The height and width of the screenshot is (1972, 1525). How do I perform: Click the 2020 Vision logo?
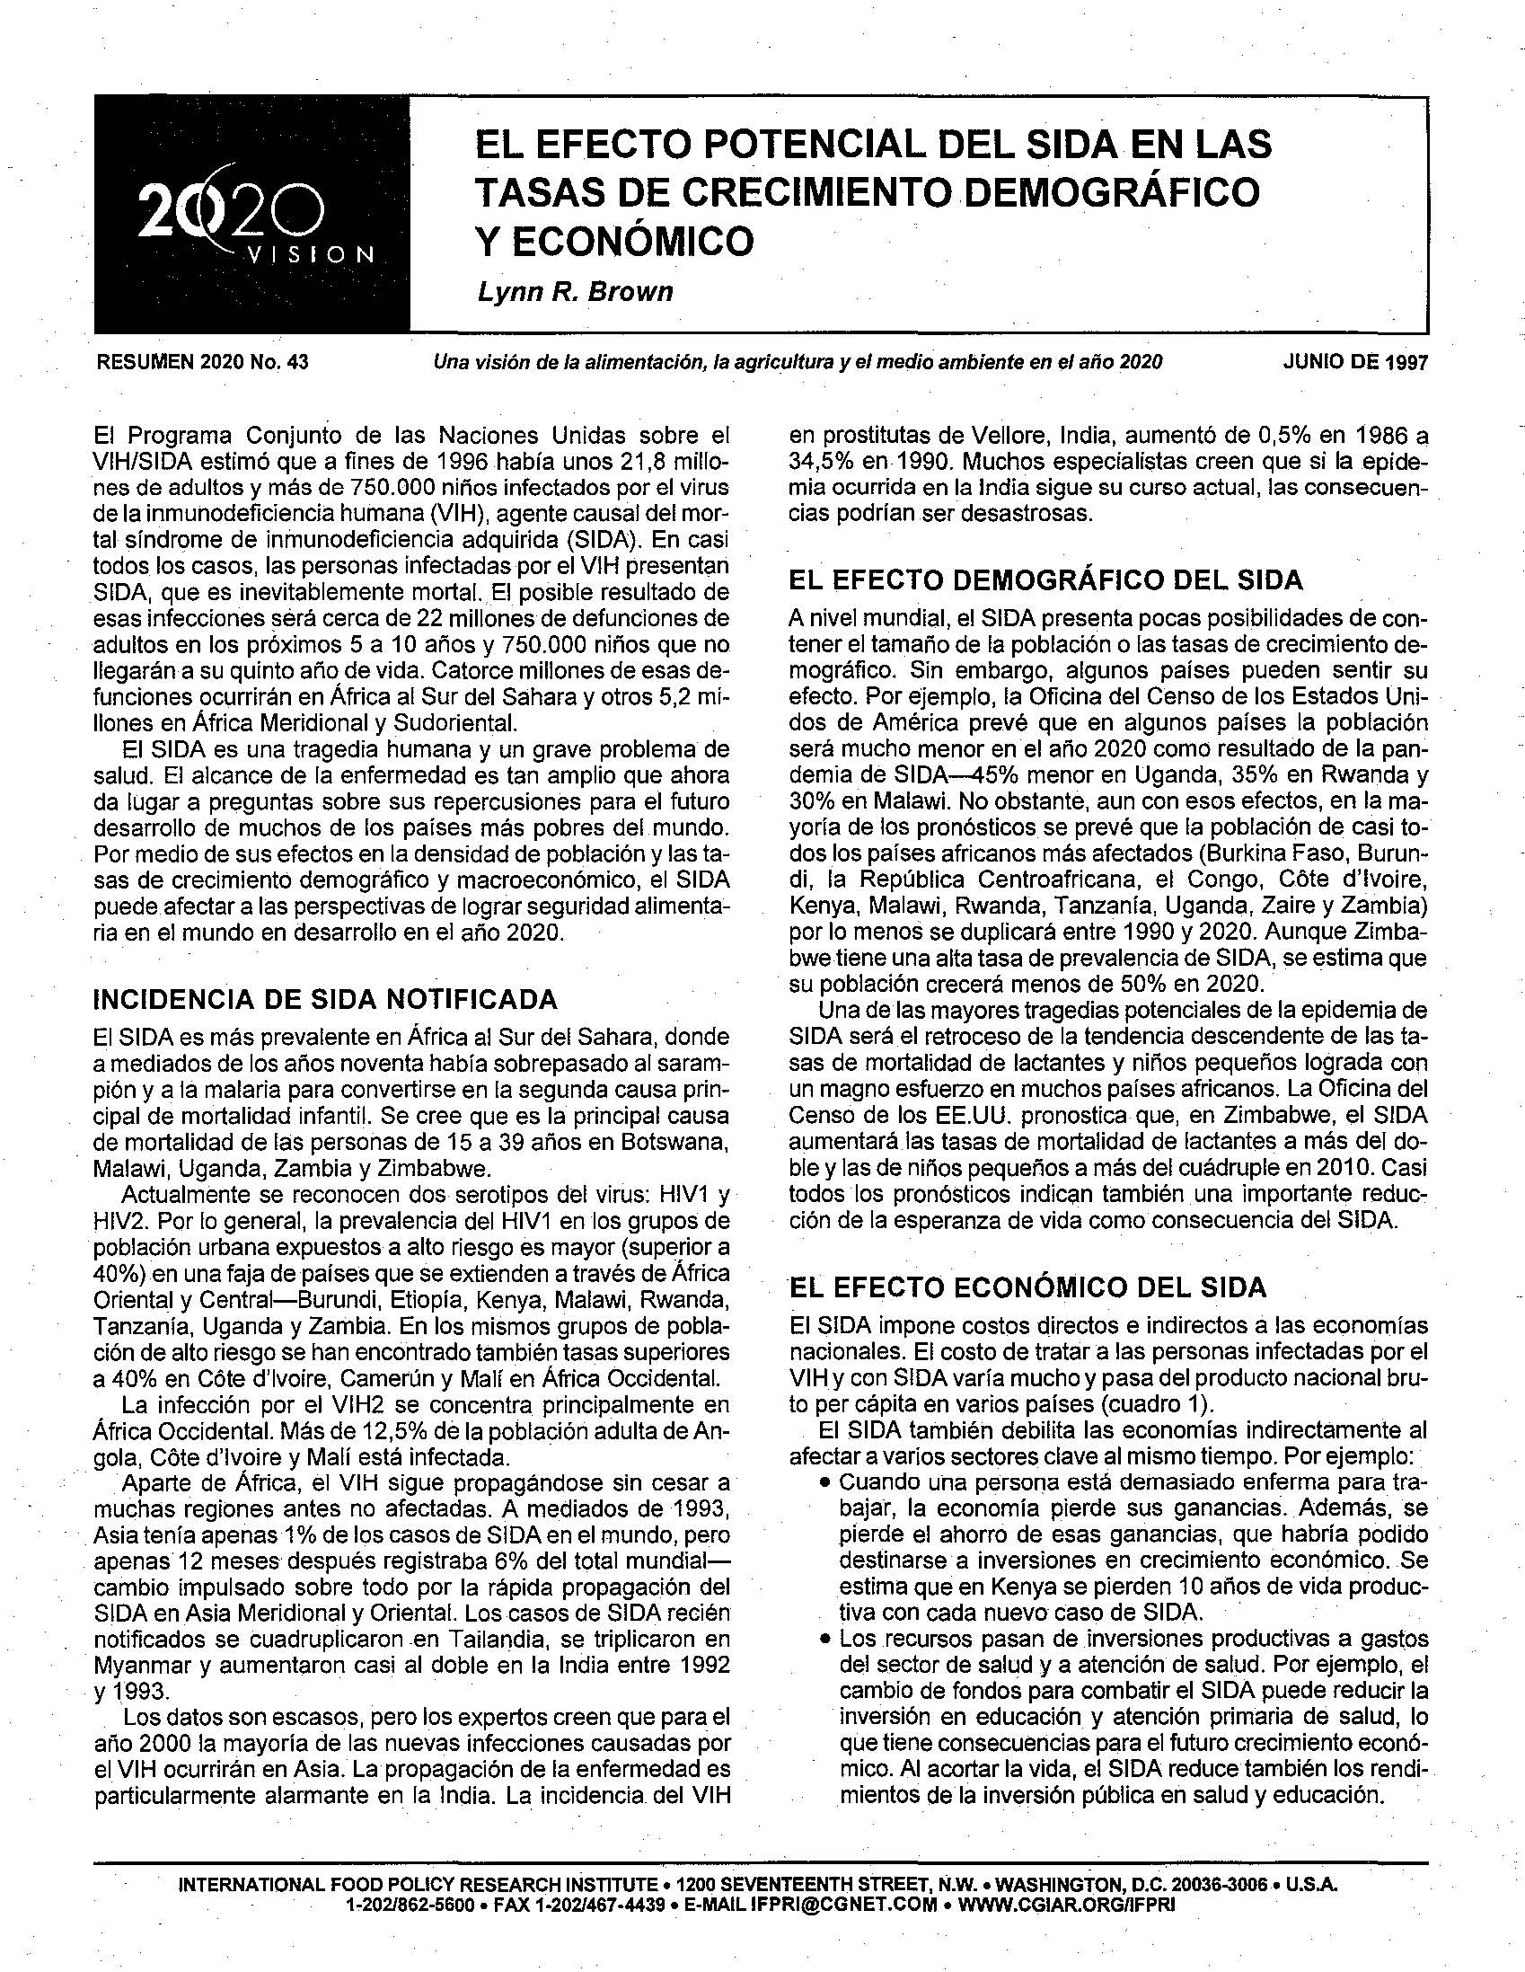click(x=251, y=217)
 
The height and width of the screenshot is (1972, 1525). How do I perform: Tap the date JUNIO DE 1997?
click(x=1355, y=363)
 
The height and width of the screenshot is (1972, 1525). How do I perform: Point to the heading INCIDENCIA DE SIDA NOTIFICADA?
click(x=326, y=1000)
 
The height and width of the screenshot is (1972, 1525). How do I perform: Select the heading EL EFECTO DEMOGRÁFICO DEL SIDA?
click(x=1045, y=579)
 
